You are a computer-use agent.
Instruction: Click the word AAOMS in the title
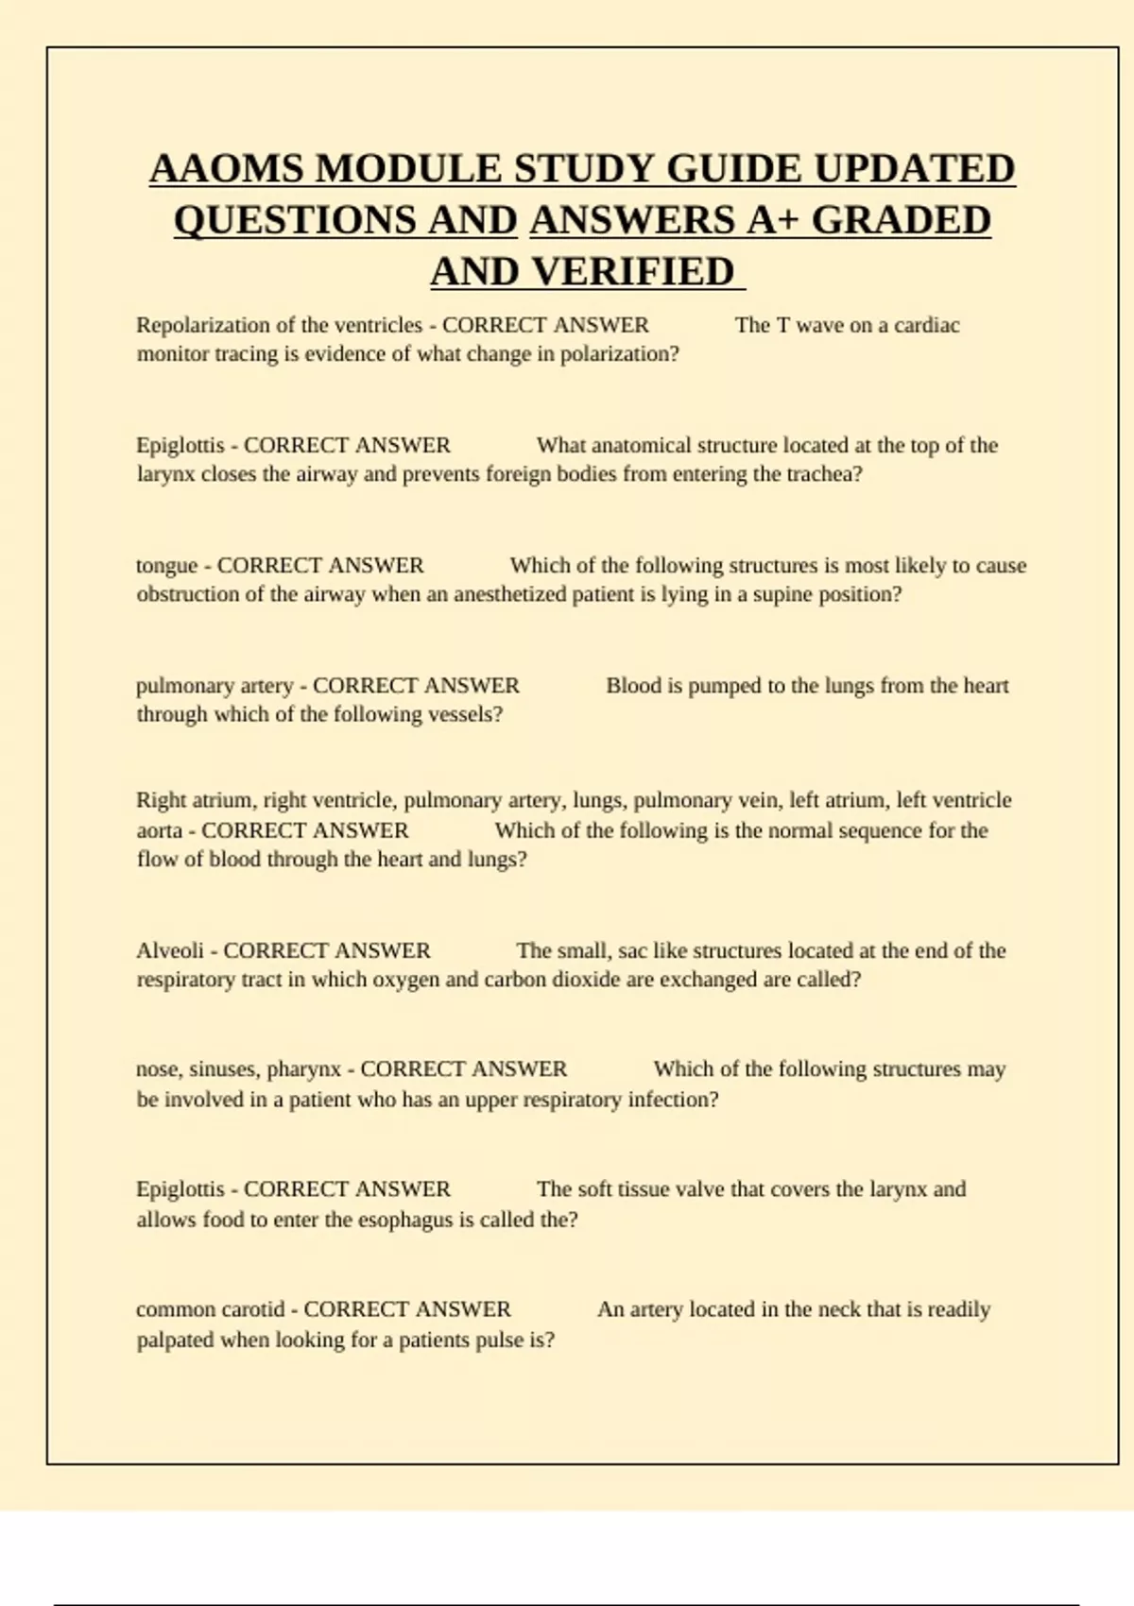pos(227,170)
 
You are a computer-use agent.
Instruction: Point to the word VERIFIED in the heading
pos(633,272)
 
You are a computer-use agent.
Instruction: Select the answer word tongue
pos(166,566)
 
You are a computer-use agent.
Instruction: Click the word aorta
pos(159,830)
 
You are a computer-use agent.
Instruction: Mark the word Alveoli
pos(170,950)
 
